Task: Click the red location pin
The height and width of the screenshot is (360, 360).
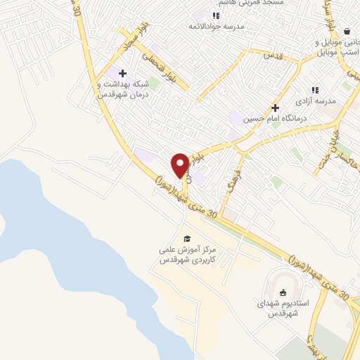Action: point(180,165)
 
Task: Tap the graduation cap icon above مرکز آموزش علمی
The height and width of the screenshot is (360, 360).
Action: point(186,238)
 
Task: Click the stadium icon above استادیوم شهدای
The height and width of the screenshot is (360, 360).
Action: point(283,293)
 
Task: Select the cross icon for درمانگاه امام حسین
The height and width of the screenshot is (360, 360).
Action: point(276,108)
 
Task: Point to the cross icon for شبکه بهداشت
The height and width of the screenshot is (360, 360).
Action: point(122,73)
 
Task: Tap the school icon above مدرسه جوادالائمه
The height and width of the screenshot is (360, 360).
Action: point(217,15)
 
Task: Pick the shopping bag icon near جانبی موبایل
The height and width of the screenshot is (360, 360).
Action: point(347,31)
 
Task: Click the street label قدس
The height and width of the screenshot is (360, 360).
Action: point(272,54)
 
